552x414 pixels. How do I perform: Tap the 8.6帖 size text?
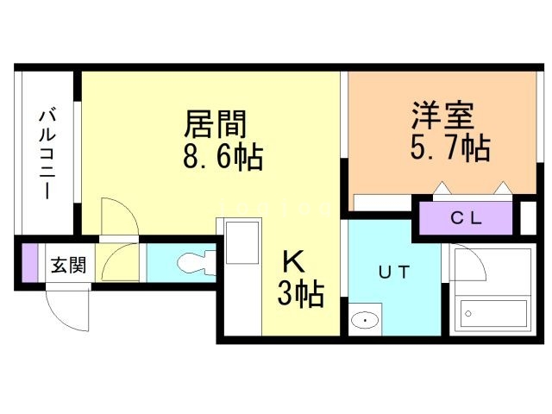pos(223,158)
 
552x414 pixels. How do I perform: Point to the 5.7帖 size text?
pos(449,148)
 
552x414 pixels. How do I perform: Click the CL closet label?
pos(466,217)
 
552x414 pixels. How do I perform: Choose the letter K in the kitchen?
pos(293,260)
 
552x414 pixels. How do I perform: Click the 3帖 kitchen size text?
pos(299,295)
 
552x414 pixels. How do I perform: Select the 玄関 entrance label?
pos(66,265)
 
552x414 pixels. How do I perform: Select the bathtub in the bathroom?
pos(493,316)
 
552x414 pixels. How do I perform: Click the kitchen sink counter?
pos(242,241)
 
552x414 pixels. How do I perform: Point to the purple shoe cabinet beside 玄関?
pos(30,263)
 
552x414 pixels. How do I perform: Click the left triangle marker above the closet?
pos(440,187)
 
